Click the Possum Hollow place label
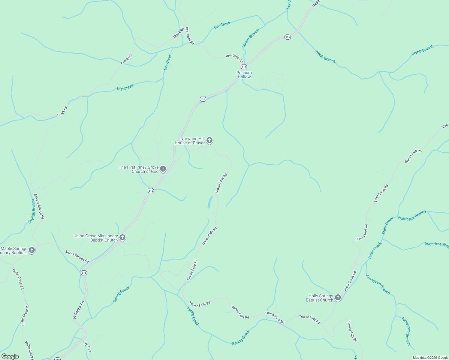pyautogui.click(x=244, y=75)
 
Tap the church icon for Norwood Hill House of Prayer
pyautogui.click(x=209, y=140)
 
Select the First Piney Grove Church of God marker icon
pyautogui.click(x=163, y=169)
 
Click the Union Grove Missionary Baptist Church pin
pyautogui.click(x=122, y=238)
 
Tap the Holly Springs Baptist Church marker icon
pyautogui.click(x=338, y=297)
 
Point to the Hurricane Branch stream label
pyautogui.click(x=412, y=215)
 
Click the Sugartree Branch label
pyautogui.click(x=437, y=244)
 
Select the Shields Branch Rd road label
pyautogui.click(x=39, y=206)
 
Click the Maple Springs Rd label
pyautogui.click(x=77, y=257)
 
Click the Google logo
pyautogui.click(x=10, y=356)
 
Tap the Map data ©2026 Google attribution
pyautogui.click(x=430, y=358)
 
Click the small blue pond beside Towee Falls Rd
pyautogui.click(x=210, y=202)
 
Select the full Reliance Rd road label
pyautogui.click(x=79, y=309)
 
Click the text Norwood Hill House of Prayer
pyautogui.click(x=190, y=141)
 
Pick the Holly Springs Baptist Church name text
pyautogui.click(x=319, y=298)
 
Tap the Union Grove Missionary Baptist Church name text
pyautogui.click(x=96, y=238)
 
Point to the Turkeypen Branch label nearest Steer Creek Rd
pyautogui.click(x=378, y=284)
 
